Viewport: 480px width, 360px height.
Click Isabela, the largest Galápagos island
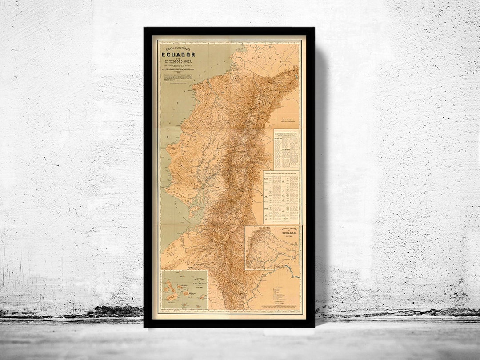pyautogui.click(x=171, y=289)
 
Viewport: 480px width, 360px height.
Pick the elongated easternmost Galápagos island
pyautogui.click(x=202, y=296)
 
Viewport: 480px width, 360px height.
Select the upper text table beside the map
pyautogui.click(x=286, y=149)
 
